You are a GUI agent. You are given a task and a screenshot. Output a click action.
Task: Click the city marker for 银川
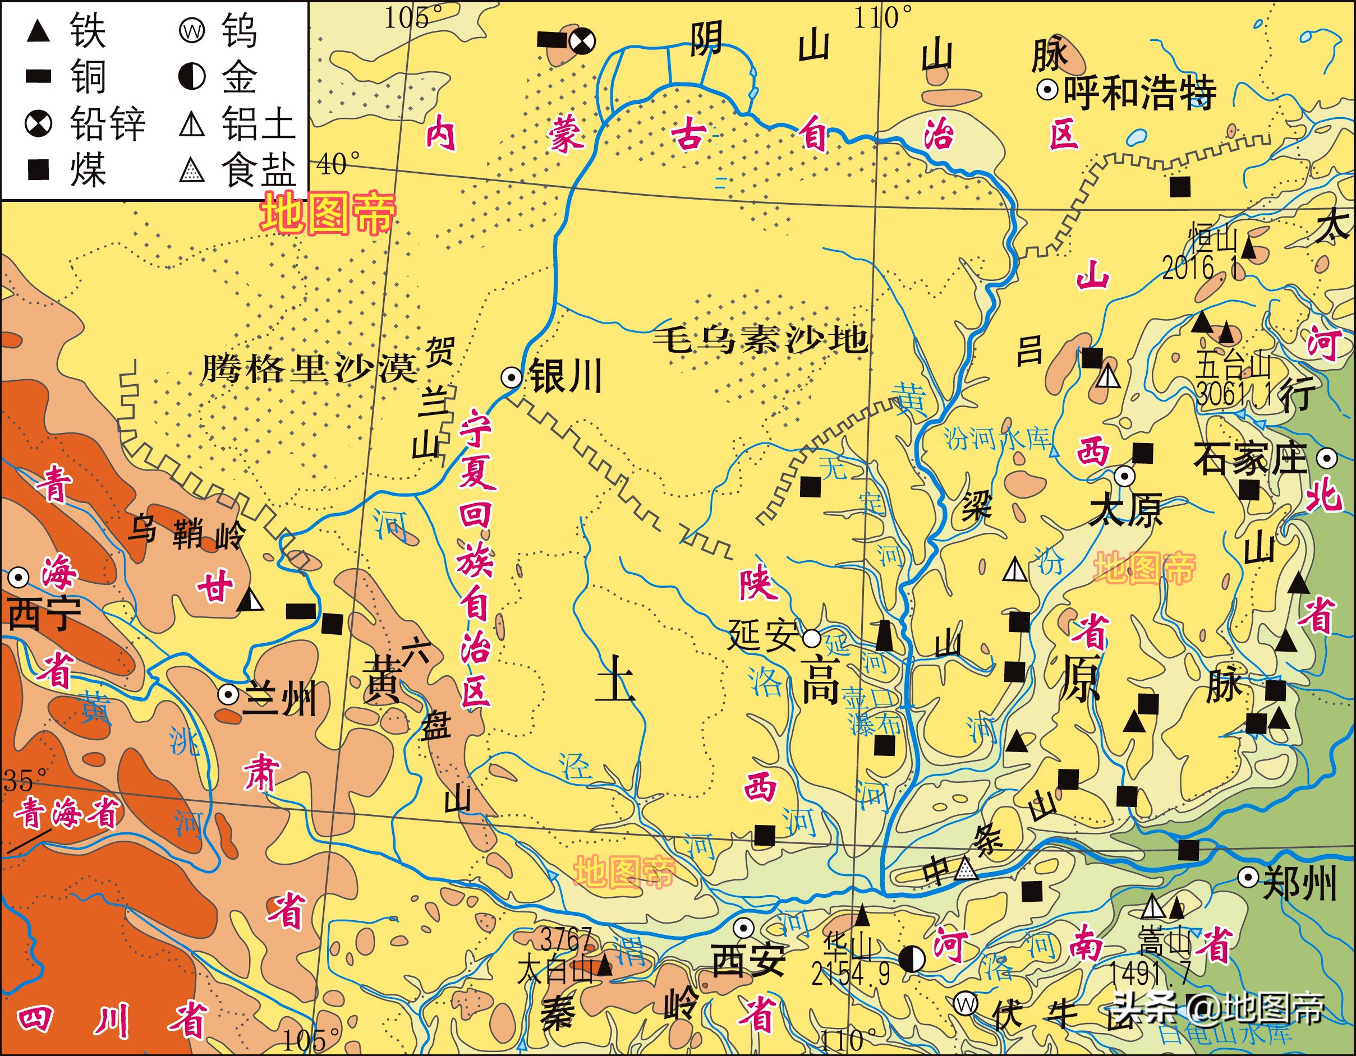[512, 377]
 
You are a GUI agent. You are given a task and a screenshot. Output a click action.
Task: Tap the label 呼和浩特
[1140, 93]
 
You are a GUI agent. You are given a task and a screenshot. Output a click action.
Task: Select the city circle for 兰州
[228, 694]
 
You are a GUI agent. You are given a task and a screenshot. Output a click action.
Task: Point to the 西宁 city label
[43, 615]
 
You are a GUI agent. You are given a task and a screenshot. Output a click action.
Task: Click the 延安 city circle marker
[811, 638]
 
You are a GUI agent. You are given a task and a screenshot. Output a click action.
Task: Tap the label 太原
[1125, 510]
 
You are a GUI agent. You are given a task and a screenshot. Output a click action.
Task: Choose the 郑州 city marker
[1248, 878]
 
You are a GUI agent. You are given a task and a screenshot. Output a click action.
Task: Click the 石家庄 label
[1251, 459]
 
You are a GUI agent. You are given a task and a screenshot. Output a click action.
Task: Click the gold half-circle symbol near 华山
[912, 959]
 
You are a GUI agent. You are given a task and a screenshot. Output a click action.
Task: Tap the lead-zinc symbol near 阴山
[582, 41]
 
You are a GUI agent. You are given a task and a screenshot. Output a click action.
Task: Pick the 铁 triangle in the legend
[39, 31]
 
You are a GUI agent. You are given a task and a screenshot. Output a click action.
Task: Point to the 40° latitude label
[338, 164]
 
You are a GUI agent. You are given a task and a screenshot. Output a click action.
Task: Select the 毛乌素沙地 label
[761, 340]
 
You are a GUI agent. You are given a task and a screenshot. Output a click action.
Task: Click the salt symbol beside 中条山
[965, 869]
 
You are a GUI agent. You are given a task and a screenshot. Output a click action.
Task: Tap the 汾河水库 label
[997, 439]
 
